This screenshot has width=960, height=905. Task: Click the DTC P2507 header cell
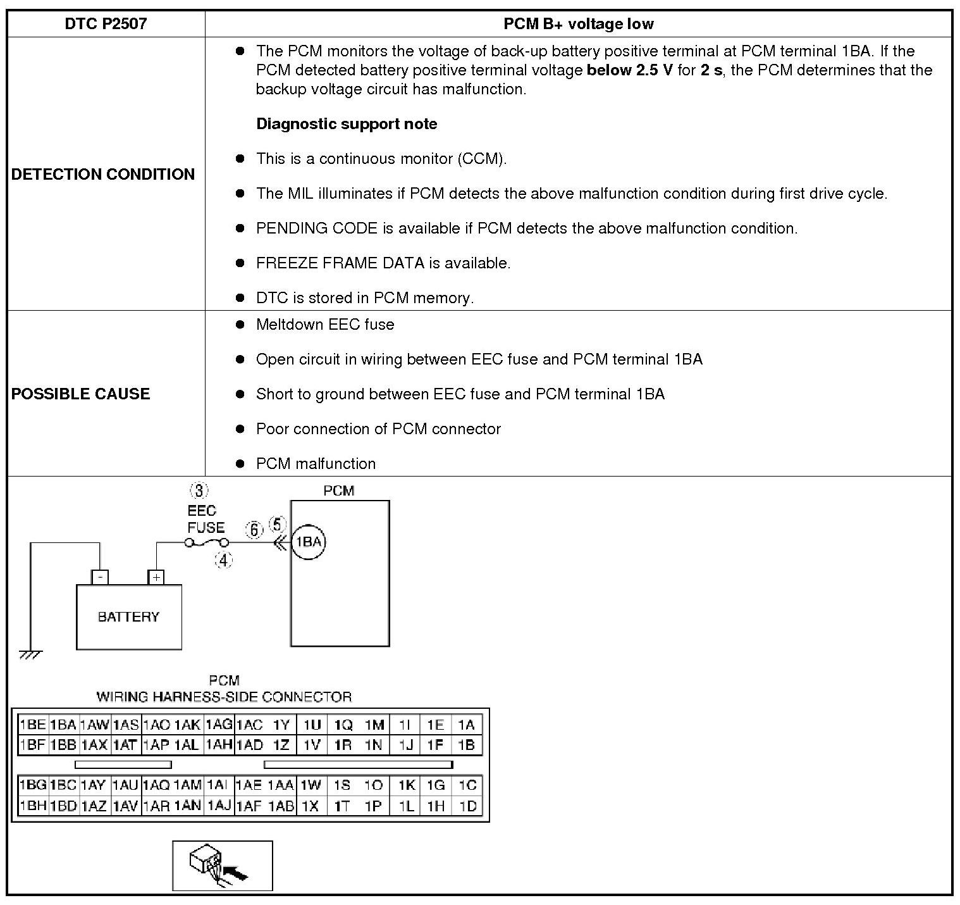(x=106, y=24)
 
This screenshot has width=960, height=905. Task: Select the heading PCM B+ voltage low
(x=578, y=24)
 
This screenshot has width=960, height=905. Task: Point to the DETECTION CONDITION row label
(x=103, y=174)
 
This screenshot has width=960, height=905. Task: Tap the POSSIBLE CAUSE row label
(x=81, y=394)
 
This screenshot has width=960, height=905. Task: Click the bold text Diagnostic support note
(x=347, y=123)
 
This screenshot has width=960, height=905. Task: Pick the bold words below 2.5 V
(x=629, y=70)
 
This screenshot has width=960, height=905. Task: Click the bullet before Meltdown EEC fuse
(x=240, y=325)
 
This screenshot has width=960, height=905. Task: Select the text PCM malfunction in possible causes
(x=316, y=463)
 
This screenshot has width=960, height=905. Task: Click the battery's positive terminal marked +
(x=156, y=577)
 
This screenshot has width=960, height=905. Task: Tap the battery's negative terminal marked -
(x=101, y=577)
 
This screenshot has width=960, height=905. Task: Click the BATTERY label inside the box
(x=128, y=616)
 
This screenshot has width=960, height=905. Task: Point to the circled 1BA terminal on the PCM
(x=309, y=542)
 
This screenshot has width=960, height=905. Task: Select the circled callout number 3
(x=199, y=490)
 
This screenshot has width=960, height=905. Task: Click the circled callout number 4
(x=223, y=559)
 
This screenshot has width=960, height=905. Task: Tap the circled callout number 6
(x=254, y=530)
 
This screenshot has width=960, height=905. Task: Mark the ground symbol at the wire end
(x=30, y=654)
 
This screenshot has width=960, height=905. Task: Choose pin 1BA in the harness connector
(x=63, y=725)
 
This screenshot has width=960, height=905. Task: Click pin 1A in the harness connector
(x=466, y=725)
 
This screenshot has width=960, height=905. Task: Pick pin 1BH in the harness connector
(x=33, y=806)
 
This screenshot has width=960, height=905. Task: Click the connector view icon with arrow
(x=223, y=865)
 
